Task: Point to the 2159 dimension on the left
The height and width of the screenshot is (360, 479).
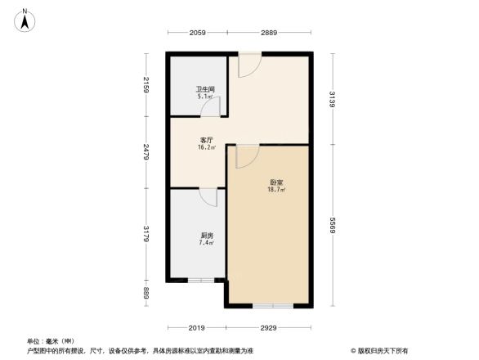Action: (x=145, y=85)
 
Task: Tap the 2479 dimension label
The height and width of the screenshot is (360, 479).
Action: (x=145, y=153)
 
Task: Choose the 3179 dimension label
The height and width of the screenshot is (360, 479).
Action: (x=145, y=235)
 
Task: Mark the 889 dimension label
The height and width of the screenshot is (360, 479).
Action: (x=145, y=293)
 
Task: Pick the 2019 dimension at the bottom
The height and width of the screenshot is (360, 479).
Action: (x=195, y=328)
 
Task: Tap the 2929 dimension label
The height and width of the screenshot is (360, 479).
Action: (x=269, y=328)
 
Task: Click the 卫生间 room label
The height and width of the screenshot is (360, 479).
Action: (x=204, y=89)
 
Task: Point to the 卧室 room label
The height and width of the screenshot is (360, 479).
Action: (x=276, y=182)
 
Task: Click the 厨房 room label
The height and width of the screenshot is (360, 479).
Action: (x=205, y=235)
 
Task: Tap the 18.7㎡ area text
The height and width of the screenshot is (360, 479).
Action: (x=276, y=190)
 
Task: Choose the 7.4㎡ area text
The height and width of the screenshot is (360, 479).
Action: (x=205, y=243)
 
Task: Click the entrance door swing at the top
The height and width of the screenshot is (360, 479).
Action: (x=248, y=65)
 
